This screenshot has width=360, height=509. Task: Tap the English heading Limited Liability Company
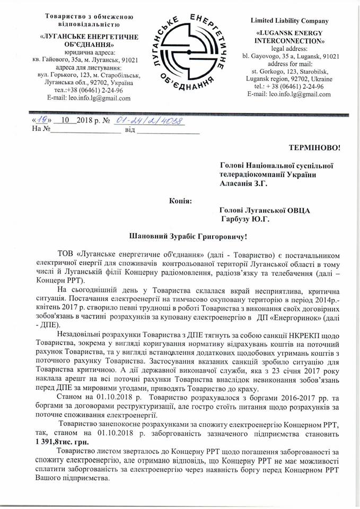coord(289,21)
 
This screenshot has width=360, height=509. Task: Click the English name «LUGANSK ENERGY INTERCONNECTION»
coord(289,36)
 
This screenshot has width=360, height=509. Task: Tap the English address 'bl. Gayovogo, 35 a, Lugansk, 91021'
coord(289,55)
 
